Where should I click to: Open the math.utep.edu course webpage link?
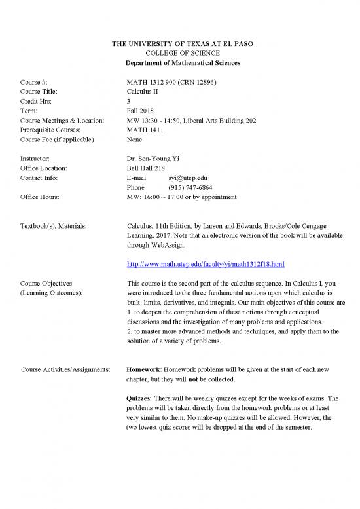[205, 264]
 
